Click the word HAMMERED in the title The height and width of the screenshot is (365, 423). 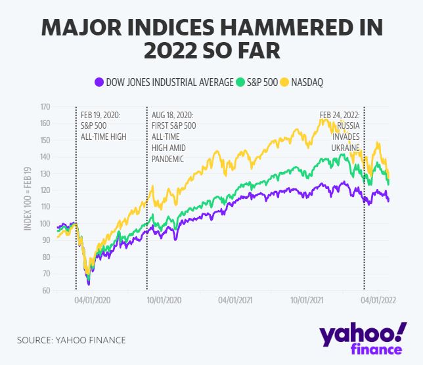tap(280, 29)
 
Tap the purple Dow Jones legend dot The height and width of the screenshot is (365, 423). tap(99, 82)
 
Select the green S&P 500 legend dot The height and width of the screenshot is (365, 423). tap(241, 82)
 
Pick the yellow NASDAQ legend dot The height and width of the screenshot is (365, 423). tap(284, 82)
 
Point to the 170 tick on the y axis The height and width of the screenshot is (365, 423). tap(45, 106)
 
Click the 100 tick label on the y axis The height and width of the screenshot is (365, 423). tap(45, 224)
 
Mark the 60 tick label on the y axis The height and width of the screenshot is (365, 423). tap(46, 291)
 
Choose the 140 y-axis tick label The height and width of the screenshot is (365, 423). tap(45, 157)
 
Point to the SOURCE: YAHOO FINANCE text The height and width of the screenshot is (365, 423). tap(72, 340)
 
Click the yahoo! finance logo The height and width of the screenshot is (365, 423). tap(363, 337)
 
